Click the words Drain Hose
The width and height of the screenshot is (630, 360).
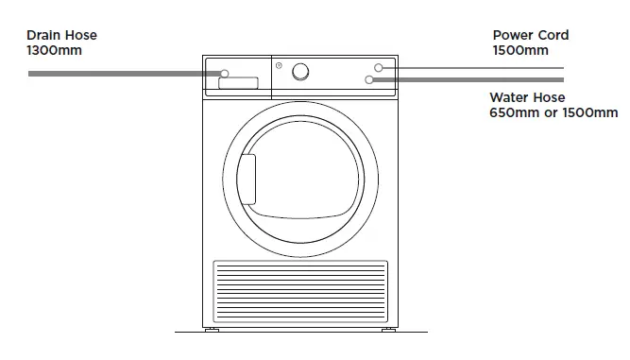click(62, 36)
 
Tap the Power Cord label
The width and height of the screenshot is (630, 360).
click(530, 36)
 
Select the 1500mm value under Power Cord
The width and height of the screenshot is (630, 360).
click(519, 50)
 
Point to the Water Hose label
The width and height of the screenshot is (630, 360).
click(527, 97)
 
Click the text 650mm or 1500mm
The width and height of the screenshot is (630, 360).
click(553, 112)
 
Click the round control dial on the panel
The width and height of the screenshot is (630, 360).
click(300, 71)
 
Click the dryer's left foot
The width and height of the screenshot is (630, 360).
click(213, 333)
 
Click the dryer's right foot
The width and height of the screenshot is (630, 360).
click(388, 333)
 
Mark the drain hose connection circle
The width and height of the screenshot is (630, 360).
click(225, 73)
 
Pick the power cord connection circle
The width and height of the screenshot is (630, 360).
click(378, 68)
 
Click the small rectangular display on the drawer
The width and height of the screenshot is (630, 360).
click(238, 84)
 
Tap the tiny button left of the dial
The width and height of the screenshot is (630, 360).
click(277, 65)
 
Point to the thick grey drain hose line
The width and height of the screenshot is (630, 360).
click(123, 73)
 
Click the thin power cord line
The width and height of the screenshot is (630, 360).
click(472, 68)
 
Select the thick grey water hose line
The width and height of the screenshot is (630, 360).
click(472, 80)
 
